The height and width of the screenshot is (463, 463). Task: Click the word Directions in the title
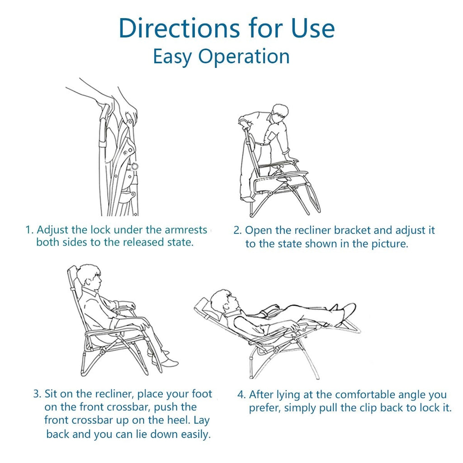pos(179,28)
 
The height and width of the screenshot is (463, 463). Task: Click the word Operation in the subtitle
pos(244,57)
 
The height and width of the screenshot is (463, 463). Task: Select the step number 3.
pos(37,394)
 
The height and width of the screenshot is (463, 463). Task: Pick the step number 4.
pos(241,395)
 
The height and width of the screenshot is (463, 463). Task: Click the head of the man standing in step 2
pos(279,113)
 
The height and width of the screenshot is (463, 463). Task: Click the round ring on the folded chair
pos(135,166)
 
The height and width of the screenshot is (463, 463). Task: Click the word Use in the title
pos(313,28)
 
